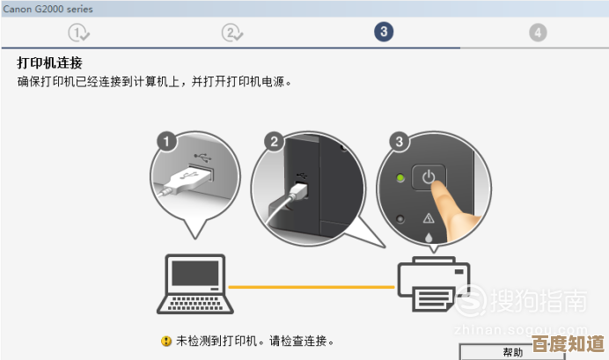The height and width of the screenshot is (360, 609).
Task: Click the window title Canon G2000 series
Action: click(48, 9)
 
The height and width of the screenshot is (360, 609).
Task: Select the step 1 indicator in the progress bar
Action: click(79, 33)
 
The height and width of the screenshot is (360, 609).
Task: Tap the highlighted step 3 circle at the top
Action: click(383, 33)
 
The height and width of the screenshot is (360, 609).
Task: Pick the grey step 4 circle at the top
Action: click(538, 33)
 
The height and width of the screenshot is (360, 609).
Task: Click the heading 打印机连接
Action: click(51, 62)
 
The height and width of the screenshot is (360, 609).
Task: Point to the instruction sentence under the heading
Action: click(154, 81)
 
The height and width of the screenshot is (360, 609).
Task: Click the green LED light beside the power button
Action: click(400, 179)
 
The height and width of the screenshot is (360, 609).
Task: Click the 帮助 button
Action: click(513, 352)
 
